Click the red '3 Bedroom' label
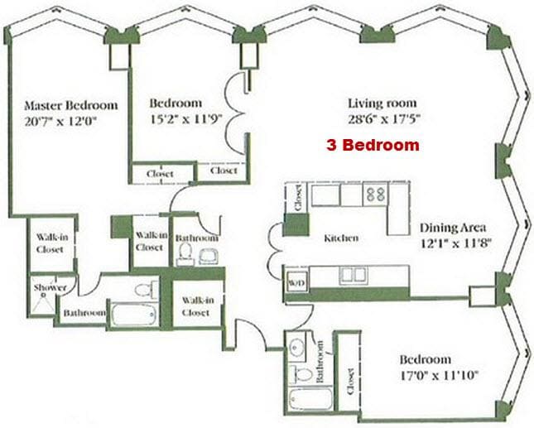coord(370,145)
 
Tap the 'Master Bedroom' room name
coord(70,106)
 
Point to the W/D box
coord(296,282)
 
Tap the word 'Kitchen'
coord(341,238)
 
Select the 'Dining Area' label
coord(452,228)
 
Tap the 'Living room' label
coord(378,103)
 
